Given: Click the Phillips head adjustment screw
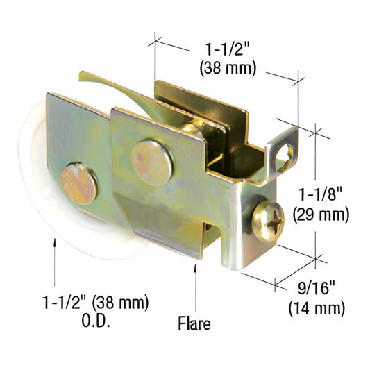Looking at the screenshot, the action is [268, 221].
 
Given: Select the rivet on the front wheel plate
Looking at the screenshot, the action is [79, 183].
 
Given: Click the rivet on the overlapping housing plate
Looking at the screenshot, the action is [153, 163].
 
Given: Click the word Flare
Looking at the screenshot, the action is [194, 323].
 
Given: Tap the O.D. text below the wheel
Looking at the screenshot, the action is [96, 321].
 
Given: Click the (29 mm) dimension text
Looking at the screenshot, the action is [321, 215].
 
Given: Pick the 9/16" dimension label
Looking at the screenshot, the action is [317, 287].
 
